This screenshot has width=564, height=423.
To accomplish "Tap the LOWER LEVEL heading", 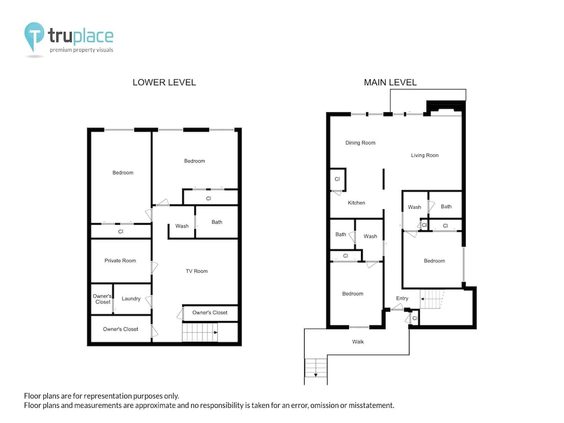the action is pyautogui.click(x=164, y=82).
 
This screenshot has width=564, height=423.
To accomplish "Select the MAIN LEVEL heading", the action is pyautogui.click(x=390, y=82).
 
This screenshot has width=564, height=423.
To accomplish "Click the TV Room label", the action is pyautogui.click(x=197, y=271).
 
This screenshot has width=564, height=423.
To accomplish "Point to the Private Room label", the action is pyautogui.click(x=120, y=261).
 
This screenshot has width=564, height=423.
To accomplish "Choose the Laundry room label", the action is pyautogui.click(x=131, y=299).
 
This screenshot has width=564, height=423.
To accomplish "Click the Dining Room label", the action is pyautogui.click(x=360, y=143).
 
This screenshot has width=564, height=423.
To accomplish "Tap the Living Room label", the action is pyautogui.click(x=425, y=156).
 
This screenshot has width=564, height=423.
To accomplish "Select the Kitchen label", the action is pyautogui.click(x=356, y=203).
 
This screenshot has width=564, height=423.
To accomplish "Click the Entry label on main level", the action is pyautogui.click(x=402, y=298).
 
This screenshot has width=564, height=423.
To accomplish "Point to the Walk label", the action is pyautogui.click(x=358, y=342).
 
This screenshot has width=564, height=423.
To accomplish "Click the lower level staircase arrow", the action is pyautogui.click(x=215, y=333).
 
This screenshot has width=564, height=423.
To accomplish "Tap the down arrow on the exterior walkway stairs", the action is pyautogui.click(x=316, y=375).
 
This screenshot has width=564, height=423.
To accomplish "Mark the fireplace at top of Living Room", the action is pyautogui.click(x=446, y=108).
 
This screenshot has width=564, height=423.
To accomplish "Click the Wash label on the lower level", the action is pyautogui.click(x=182, y=226).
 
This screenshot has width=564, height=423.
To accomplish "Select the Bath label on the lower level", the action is pyautogui.click(x=217, y=222).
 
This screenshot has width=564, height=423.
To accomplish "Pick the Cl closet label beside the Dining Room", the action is pyautogui.click(x=337, y=179).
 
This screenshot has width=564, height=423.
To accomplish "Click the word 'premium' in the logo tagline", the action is pyautogui.click(x=60, y=50).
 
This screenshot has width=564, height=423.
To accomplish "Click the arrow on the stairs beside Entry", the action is pyautogui.click(x=423, y=299).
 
